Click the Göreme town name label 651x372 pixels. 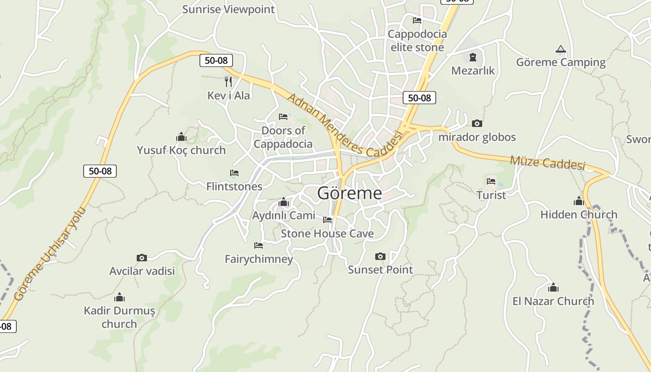(349, 193)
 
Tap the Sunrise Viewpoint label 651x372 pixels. (228, 9)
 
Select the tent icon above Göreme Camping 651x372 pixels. (561, 49)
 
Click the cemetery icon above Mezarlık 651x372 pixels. (473, 57)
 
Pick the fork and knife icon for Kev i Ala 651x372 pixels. (228, 82)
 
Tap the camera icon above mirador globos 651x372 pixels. (477, 124)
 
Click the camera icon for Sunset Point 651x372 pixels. (380, 256)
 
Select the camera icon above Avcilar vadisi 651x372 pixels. (141, 258)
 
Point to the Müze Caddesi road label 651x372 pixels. (547, 163)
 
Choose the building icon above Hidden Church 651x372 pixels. (578, 201)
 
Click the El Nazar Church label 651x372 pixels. (553, 301)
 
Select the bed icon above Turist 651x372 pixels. (491, 181)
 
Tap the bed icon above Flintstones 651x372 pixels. (234, 173)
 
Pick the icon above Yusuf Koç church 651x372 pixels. (181, 137)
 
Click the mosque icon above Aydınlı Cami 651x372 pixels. (283, 202)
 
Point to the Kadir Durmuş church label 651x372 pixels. (119, 317)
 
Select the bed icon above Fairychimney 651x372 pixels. (259, 245)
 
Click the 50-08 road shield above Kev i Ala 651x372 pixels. (216, 60)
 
